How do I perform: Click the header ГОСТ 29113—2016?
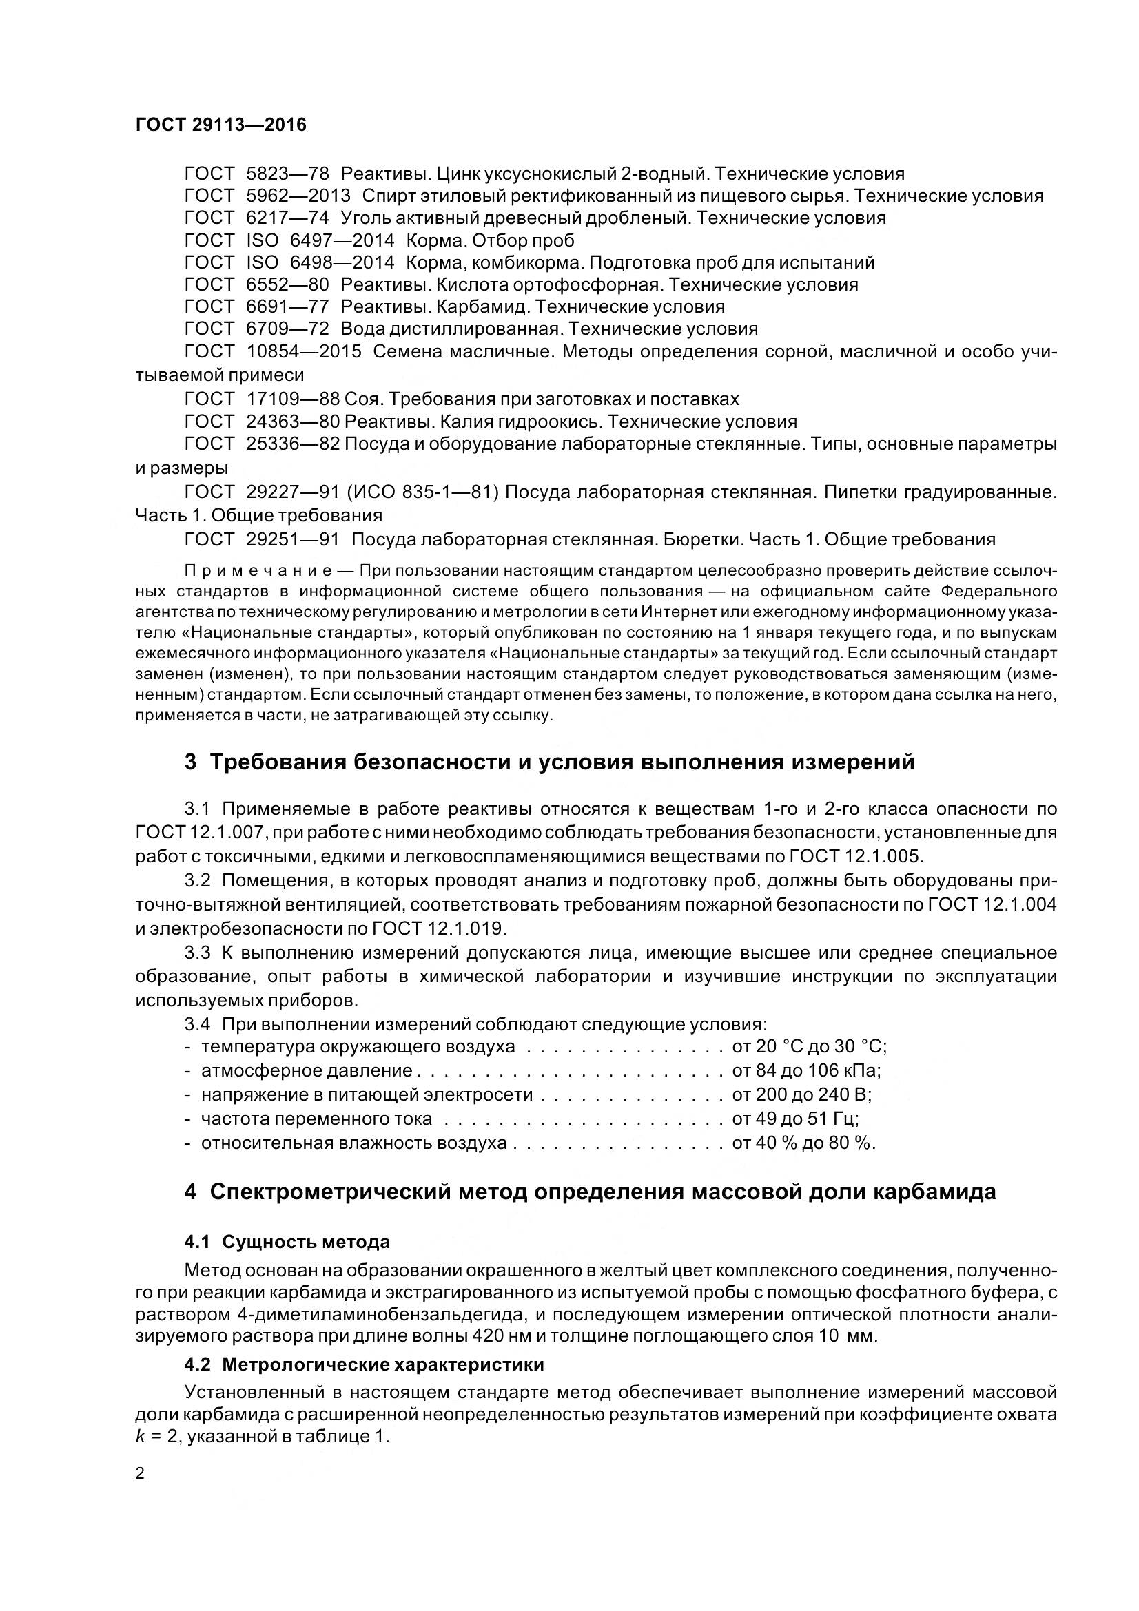pos(221,125)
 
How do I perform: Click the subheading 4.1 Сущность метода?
pos(287,1242)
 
